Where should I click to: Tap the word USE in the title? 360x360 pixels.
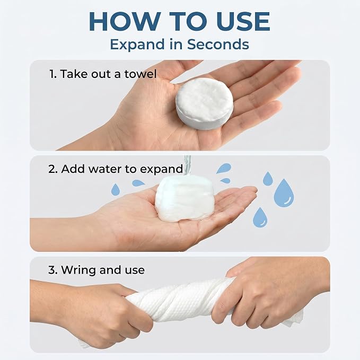pyautogui.click(x=243, y=21)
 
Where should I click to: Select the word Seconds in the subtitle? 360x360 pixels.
pyautogui.click(x=218, y=44)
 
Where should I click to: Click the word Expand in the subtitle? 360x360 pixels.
pyautogui.click(x=137, y=45)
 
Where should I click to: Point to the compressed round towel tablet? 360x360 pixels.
pyautogui.click(x=205, y=103)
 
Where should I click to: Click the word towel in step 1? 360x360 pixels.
pyautogui.click(x=141, y=74)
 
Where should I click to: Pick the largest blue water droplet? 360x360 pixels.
pyautogui.click(x=284, y=193)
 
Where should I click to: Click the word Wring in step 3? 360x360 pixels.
pyautogui.click(x=79, y=270)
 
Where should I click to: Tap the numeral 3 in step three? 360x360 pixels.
pyautogui.click(x=52, y=270)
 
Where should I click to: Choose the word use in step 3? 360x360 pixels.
pyautogui.click(x=135, y=270)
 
